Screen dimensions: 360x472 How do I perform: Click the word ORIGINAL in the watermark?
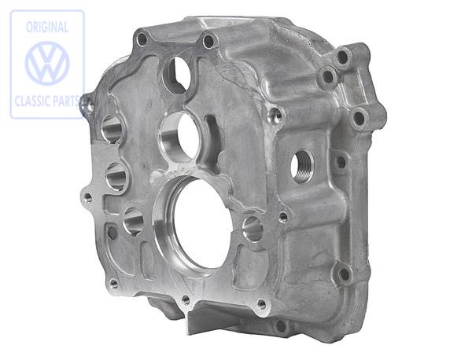click(46, 26)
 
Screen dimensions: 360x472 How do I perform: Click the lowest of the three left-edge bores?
click(133, 222)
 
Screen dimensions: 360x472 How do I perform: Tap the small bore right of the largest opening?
click(253, 229)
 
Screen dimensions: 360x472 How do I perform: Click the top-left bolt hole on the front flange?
click(142, 39)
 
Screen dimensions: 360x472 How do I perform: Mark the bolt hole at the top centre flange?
click(208, 41)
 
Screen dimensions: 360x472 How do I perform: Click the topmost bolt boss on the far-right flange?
click(342, 56)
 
